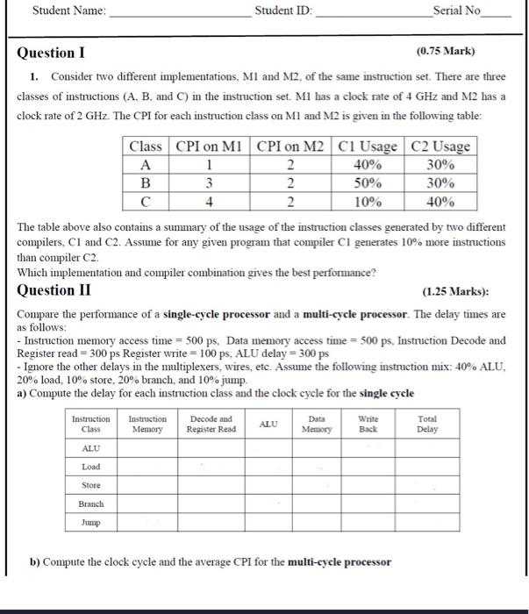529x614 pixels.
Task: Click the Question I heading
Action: pos(52,53)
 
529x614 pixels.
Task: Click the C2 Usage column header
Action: pos(440,146)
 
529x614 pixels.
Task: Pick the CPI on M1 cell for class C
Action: pos(209,202)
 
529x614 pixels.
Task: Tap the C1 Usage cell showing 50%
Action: pos(367,183)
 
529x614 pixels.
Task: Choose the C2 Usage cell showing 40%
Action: pos(440,202)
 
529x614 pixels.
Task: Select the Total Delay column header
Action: pos(427,425)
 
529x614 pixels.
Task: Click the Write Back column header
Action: pos(368,425)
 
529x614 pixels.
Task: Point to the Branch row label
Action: pos(90,504)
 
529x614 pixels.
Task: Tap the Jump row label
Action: pos(90,523)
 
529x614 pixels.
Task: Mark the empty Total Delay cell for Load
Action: pos(427,467)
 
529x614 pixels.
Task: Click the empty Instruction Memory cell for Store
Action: pos(147,485)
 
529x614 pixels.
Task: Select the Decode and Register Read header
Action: pos(211,425)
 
